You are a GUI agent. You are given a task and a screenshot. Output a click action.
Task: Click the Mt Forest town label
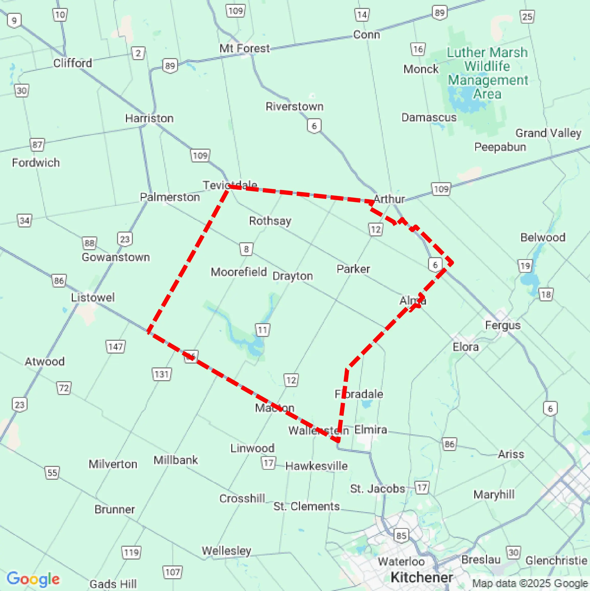click(x=245, y=48)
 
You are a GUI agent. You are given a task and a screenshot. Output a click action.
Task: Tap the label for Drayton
click(x=292, y=276)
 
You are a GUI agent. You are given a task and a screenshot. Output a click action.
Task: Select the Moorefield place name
click(x=239, y=272)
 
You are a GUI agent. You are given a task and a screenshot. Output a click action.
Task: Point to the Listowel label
click(x=92, y=297)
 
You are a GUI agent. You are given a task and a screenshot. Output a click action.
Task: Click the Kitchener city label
click(x=422, y=577)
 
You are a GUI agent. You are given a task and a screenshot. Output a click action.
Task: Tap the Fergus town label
click(x=503, y=325)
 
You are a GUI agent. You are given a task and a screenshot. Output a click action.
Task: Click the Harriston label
click(x=149, y=118)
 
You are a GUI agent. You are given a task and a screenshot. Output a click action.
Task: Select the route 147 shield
click(x=115, y=347)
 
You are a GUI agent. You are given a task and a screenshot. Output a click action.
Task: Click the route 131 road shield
click(x=162, y=374)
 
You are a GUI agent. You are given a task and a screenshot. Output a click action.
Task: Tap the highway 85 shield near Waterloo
click(x=401, y=535)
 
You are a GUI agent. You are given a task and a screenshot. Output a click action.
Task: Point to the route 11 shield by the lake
click(x=262, y=330)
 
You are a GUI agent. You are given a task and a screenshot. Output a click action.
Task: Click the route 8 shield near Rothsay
click(x=246, y=249)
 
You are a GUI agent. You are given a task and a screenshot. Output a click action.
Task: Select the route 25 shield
click(x=527, y=17)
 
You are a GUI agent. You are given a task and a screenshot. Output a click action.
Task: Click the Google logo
click(x=33, y=579)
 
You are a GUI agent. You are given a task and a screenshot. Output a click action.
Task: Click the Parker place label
click(x=353, y=269)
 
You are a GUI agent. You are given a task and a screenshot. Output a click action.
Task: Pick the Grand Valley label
click(x=548, y=133)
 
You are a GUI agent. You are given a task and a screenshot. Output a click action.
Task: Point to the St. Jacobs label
click(x=377, y=488)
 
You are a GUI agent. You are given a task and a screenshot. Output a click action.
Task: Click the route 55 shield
click(x=52, y=473)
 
